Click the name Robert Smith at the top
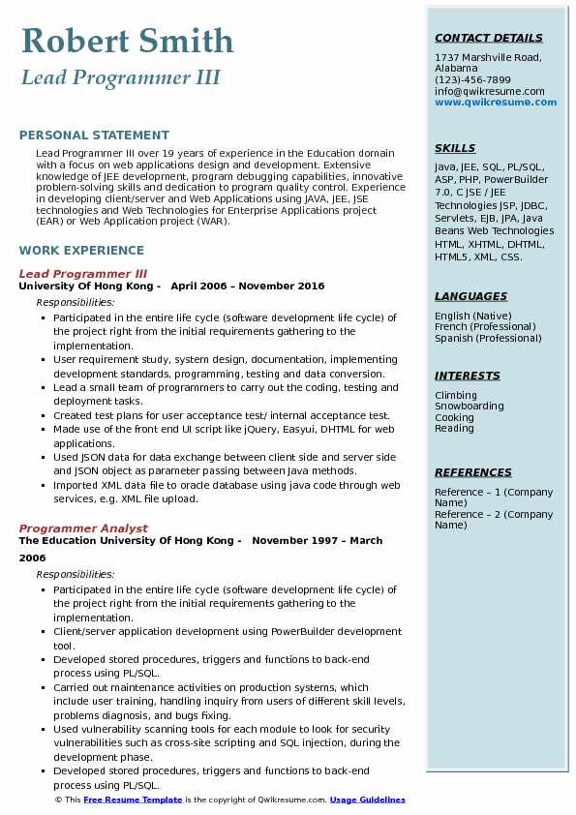tap(127, 41)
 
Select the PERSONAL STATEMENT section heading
tap(94, 136)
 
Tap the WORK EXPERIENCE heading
tap(81, 250)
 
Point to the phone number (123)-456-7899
tap(472, 80)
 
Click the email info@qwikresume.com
tap(489, 92)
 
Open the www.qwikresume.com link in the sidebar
tap(490, 103)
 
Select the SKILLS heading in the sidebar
tap(455, 149)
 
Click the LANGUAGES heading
tap(470, 297)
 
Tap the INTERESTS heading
tap(468, 377)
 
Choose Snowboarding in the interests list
tap(470, 407)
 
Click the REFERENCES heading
tap(472, 473)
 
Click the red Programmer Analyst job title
tap(83, 528)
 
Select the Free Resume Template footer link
tap(133, 800)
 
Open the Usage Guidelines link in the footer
tap(367, 800)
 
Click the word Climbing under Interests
tap(456, 396)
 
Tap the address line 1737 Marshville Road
tap(488, 57)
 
